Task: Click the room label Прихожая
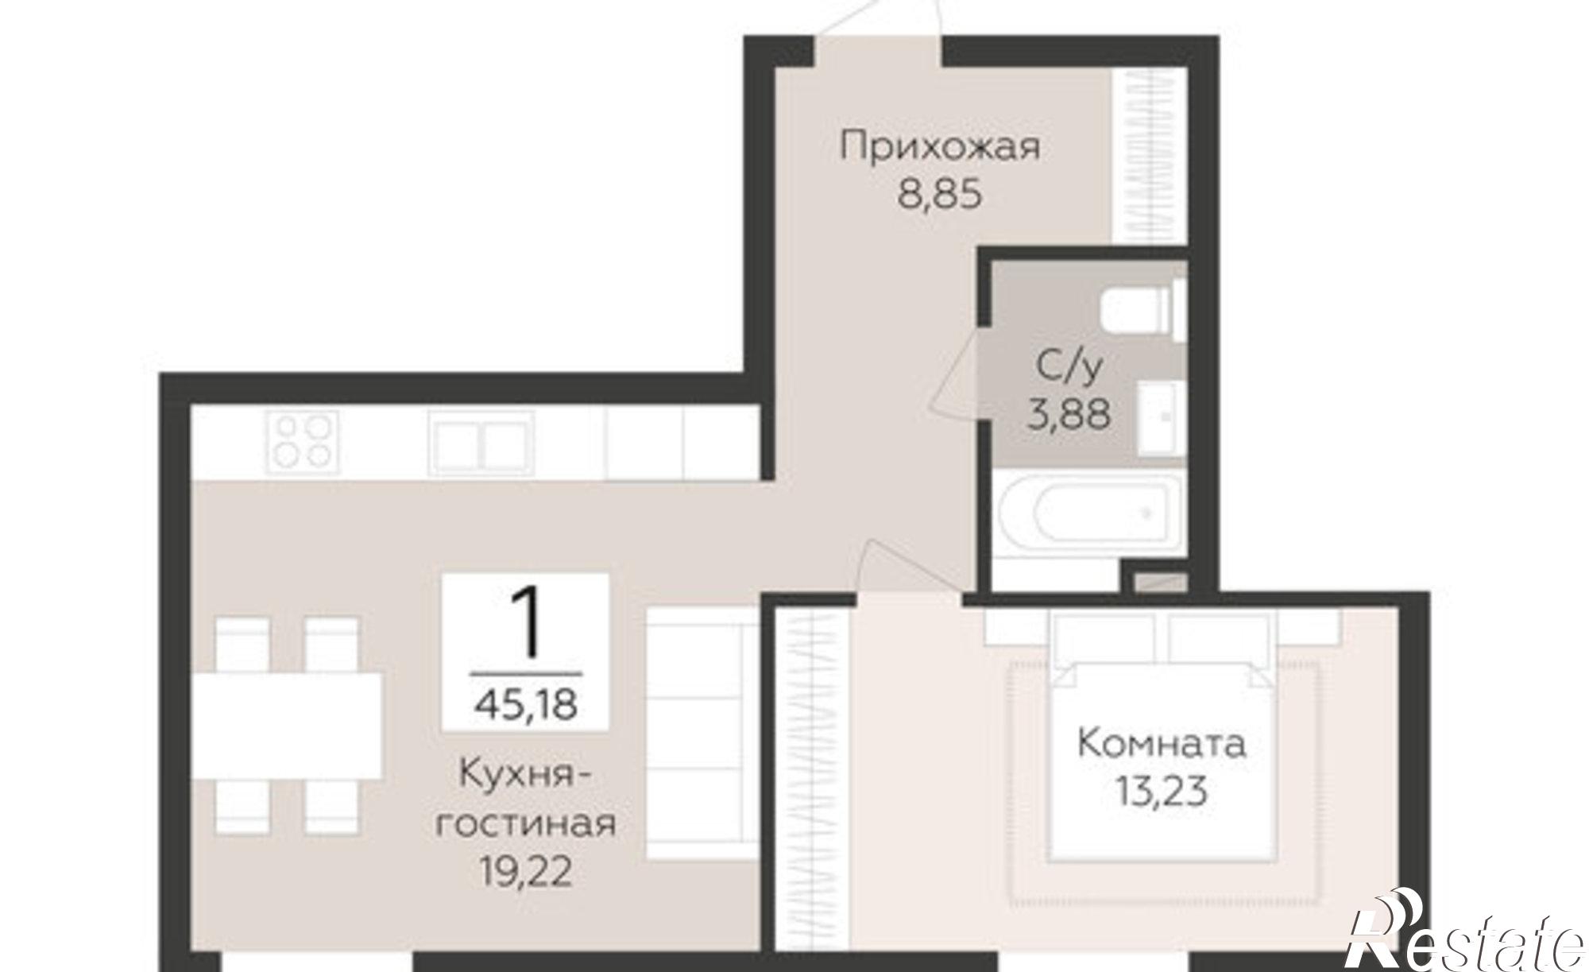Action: coord(940,149)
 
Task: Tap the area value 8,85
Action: coord(940,195)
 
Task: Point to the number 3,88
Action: coord(1069,413)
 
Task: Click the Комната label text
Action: coord(1162,744)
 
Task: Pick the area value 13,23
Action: coord(1162,791)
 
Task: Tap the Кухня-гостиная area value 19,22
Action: coord(525,872)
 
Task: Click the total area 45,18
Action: coord(525,704)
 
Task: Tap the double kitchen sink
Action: coord(480,443)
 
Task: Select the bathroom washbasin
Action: coord(1161,418)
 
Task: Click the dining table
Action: coord(288,726)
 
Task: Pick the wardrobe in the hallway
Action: coord(1149,156)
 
